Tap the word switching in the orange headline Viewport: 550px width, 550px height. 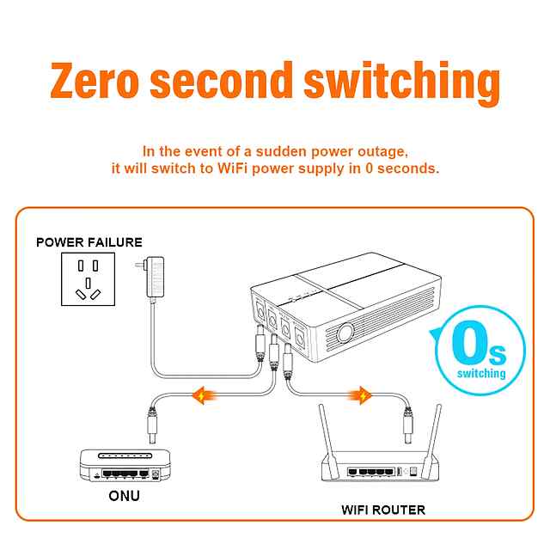point(402,82)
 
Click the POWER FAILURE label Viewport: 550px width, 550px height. point(89,242)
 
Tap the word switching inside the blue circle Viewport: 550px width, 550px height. point(481,375)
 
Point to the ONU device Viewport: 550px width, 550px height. point(120,464)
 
